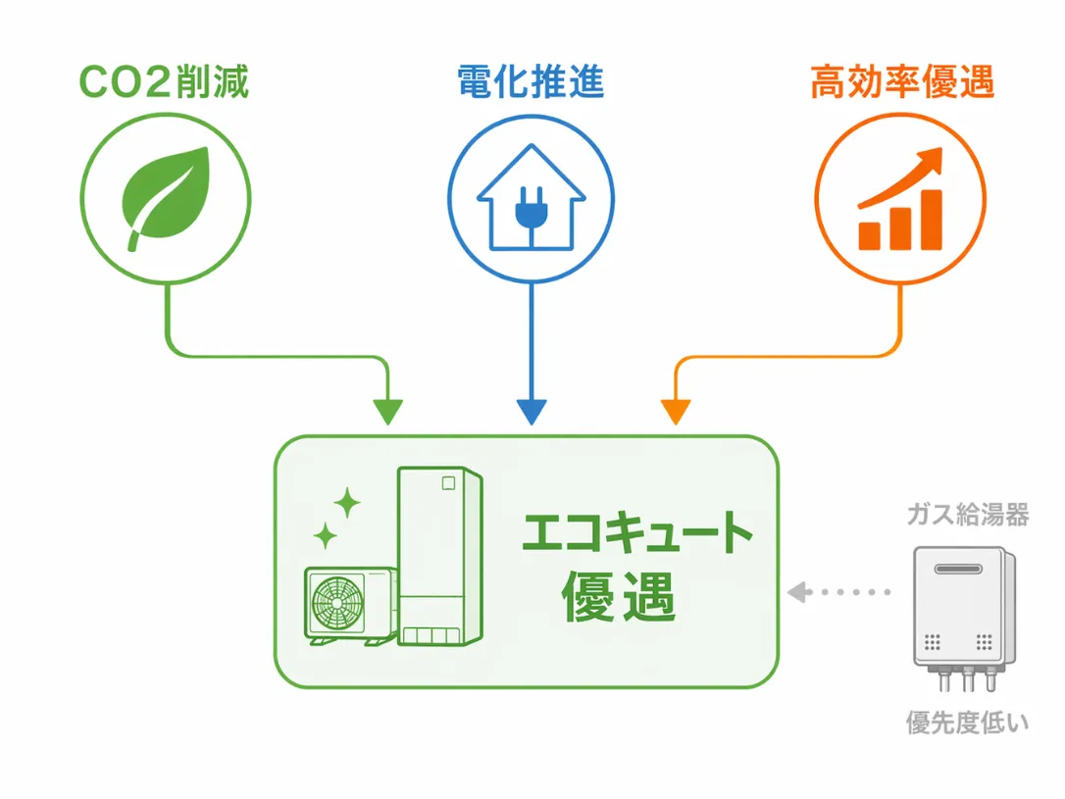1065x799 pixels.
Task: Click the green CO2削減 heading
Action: [164, 83]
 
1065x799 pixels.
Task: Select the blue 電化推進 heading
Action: [531, 83]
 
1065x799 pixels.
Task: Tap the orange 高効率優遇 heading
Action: [902, 83]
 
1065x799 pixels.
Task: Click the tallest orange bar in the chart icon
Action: [928, 219]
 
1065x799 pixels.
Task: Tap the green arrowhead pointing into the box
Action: [389, 412]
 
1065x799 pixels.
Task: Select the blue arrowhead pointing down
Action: [531, 412]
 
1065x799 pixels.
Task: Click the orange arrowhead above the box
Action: [674, 412]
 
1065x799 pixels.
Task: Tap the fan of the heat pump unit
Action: [337, 605]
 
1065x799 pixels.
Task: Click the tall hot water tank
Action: [440, 555]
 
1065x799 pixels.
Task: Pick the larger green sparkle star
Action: [346, 503]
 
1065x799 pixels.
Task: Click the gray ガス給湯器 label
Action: [967, 515]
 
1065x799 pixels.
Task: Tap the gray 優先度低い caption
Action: [967, 724]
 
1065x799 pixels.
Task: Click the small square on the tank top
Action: [450, 482]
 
